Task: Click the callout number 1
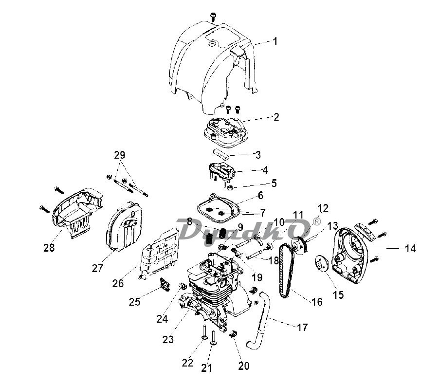[x=275, y=41]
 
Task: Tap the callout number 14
[x=410, y=248]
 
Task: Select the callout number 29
[x=120, y=155]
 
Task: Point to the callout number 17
[x=302, y=327]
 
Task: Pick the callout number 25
[x=134, y=302]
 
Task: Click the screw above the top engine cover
[x=213, y=17]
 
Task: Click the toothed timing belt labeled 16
[x=286, y=271]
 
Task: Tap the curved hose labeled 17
[x=259, y=319]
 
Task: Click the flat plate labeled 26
[x=159, y=253]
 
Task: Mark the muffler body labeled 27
[x=124, y=227]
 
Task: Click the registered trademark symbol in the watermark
[x=316, y=222]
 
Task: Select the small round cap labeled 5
[x=230, y=187]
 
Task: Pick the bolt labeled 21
[x=213, y=338]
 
